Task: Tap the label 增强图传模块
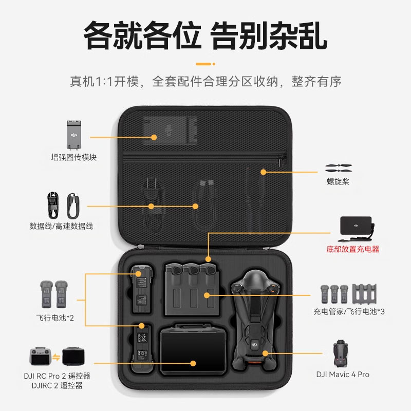[x=73, y=157]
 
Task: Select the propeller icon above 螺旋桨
[x=338, y=169]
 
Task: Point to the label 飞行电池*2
[x=55, y=318]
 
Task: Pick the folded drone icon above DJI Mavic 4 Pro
[x=340, y=352]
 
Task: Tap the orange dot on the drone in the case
[x=266, y=353]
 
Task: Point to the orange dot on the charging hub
[x=207, y=295]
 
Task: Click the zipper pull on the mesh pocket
[x=282, y=161]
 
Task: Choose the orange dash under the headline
[x=206, y=64]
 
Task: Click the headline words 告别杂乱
[x=269, y=35]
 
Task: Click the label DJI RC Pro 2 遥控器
[x=57, y=376]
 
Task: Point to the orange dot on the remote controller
[x=194, y=363]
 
